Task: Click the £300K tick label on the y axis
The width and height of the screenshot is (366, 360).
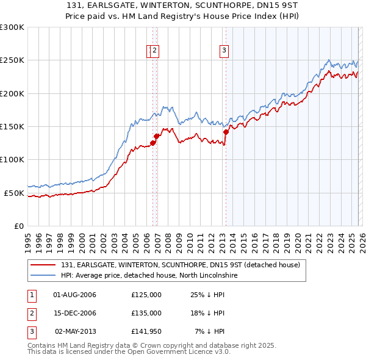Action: pyautogui.click(x=12, y=27)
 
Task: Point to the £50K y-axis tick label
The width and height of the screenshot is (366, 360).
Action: pyautogui.click(x=14, y=193)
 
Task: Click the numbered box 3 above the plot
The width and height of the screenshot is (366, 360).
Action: pyautogui.click(x=224, y=51)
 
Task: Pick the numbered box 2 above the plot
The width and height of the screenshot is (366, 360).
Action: pyautogui.click(x=155, y=51)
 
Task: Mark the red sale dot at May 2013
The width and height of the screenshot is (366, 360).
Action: pyautogui.click(x=226, y=132)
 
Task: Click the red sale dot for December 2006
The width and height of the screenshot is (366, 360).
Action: pyautogui.click(x=157, y=136)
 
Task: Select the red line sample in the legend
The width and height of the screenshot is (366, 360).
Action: pyautogui.click(x=43, y=265)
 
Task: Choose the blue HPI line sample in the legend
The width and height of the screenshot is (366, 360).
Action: pyautogui.click(x=43, y=276)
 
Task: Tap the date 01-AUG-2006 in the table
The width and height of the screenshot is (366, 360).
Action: pyautogui.click(x=75, y=295)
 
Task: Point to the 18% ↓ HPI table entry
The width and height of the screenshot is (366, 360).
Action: pyautogui.click(x=208, y=313)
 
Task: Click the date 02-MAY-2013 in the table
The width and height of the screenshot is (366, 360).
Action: pyautogui.click(x=75, y=331)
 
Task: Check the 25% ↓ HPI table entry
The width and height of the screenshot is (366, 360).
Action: pyautogui.click(x=208, y=295)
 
